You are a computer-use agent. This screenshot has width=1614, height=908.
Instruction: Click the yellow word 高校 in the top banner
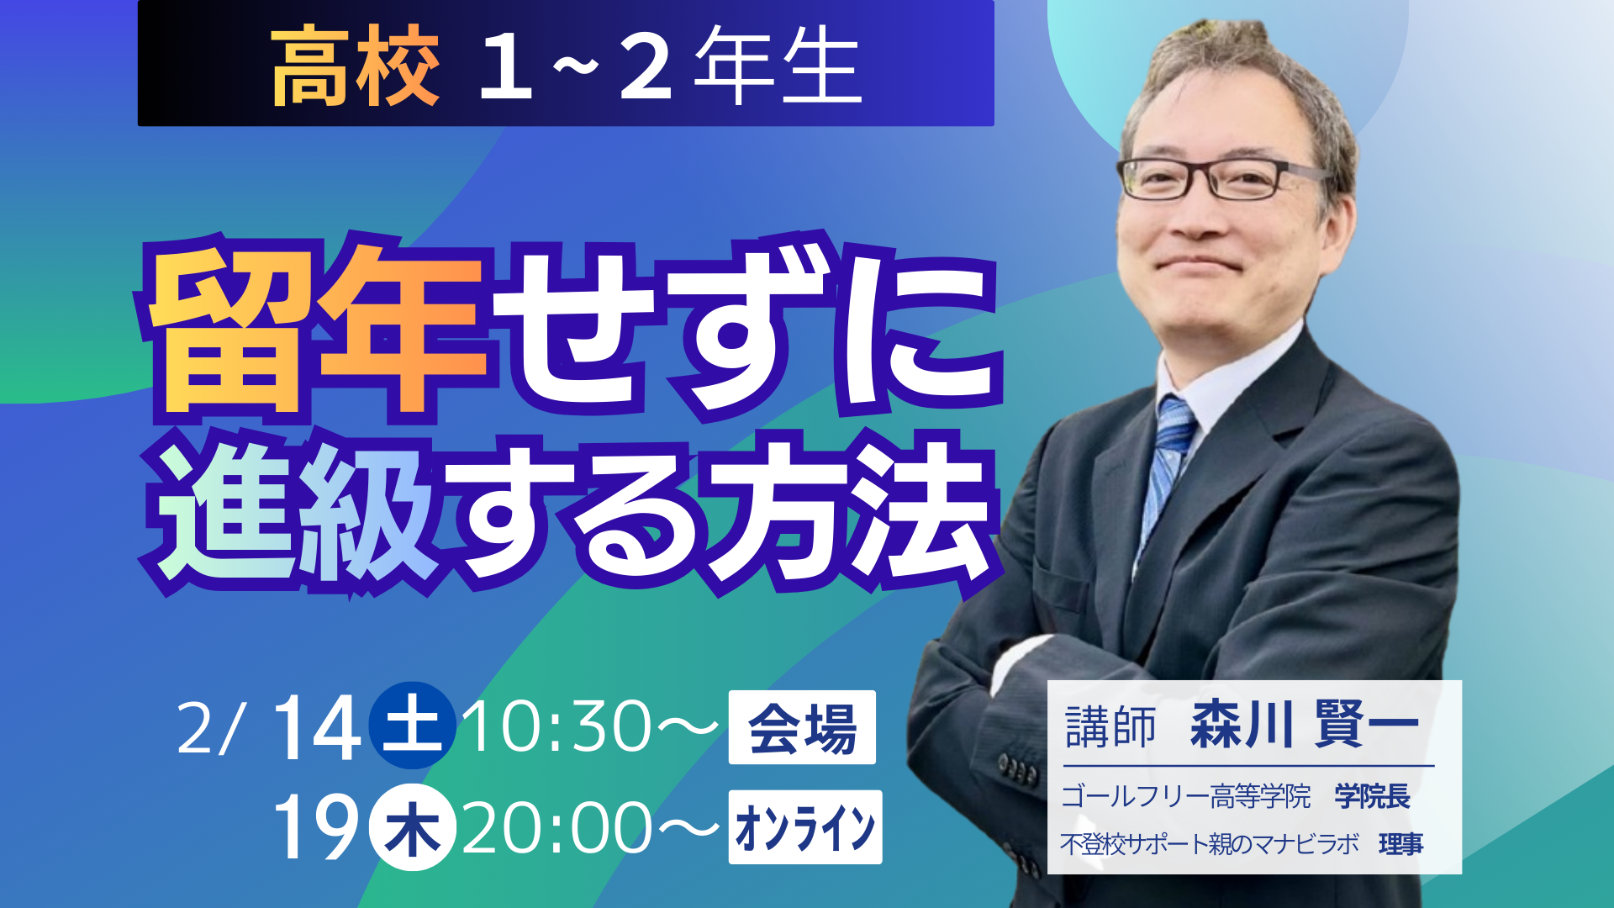tap(355, 66)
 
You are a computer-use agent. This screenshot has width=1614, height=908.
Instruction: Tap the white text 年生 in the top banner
tap(778, 66)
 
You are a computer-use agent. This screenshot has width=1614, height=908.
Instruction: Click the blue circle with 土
tap(412, 726)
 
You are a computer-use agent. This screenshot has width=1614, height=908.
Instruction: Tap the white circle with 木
tap(412, 826)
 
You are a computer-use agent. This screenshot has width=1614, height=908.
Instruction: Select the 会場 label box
tap(802, 727)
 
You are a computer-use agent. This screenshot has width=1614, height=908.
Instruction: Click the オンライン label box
tap(805, 827)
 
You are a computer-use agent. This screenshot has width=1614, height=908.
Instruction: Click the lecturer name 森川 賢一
tap(1305, 724)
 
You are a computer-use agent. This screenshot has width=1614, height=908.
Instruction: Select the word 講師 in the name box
tap(1110, 726)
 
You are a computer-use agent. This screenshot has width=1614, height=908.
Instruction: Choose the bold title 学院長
tap(1372, 795)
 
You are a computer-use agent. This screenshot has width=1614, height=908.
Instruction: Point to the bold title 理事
tap(1400, 843)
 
